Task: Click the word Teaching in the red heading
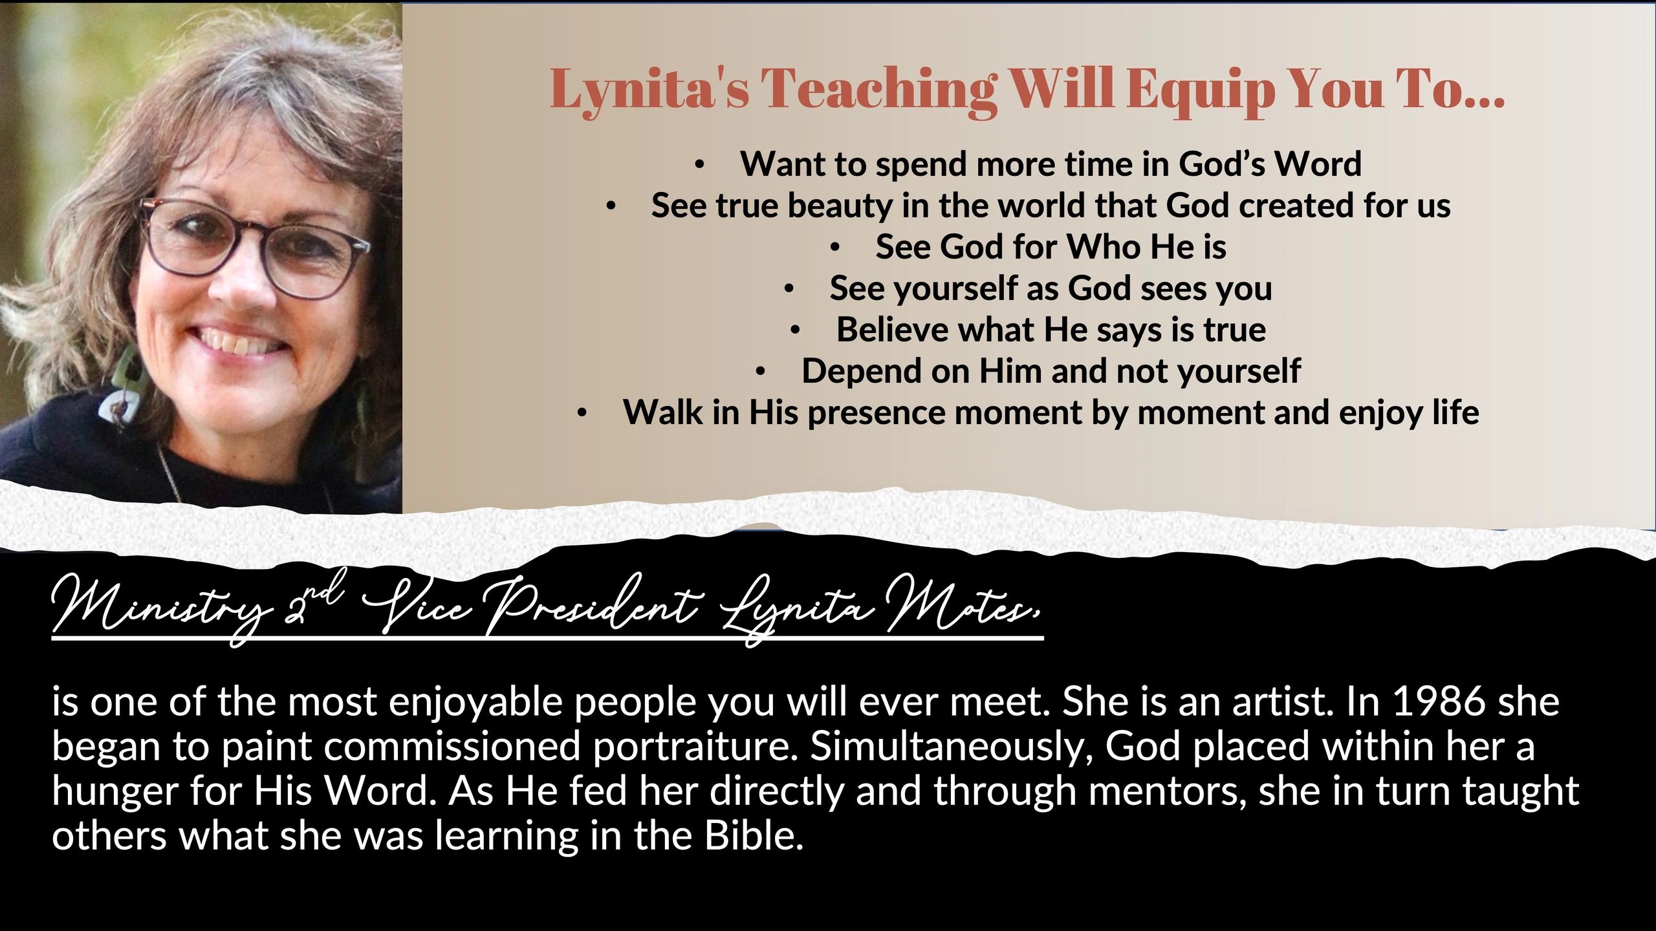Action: point(879,91)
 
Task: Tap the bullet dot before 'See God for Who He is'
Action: point(835,248)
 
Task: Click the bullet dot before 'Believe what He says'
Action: point(796,330)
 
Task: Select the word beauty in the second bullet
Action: point(840,207)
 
